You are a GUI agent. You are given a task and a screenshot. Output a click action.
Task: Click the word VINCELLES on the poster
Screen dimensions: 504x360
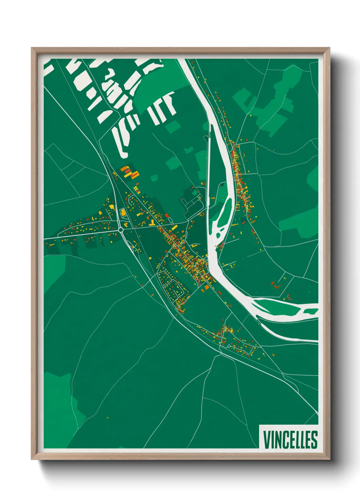[x=290, y=439]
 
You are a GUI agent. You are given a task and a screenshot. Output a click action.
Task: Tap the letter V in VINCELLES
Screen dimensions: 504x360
[x=266, y=439]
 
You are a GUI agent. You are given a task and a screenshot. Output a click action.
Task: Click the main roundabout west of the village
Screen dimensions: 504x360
[x=121, y=230]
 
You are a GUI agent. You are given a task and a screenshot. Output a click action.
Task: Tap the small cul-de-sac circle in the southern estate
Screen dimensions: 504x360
[x=229, y=346]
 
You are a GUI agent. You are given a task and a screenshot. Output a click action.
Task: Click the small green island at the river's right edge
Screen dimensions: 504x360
[x=310, y=311]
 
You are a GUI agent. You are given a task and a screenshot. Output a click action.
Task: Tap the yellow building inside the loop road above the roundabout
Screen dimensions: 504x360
[x=122, y=212]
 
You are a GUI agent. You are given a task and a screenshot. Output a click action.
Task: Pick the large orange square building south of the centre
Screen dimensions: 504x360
[x=207, y=287]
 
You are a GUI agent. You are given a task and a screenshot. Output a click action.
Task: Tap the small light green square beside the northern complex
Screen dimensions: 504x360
[x=154, y=178]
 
